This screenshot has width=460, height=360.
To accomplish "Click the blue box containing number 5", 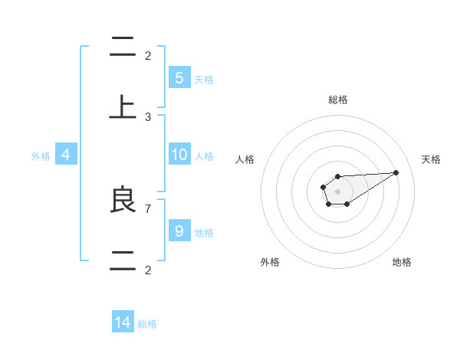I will point(179,78).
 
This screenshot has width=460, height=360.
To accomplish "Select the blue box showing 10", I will point(179,155).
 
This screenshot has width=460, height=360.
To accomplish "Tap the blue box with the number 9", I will point(179,231).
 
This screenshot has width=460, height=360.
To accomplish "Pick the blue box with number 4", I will point(66,155).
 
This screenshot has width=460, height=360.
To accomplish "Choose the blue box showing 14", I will point(123,322).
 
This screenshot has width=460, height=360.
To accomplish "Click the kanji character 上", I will point(123,106).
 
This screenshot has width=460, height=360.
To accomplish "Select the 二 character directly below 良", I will point(123,260).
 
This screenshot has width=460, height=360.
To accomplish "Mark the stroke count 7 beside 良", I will point(148,208).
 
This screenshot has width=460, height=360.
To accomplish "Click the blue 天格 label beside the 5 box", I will point(204,80).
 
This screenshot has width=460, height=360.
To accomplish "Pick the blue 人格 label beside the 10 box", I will point(204,156).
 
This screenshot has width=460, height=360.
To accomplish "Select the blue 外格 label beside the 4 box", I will point(41,156).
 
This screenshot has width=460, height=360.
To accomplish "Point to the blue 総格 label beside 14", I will point(147,324).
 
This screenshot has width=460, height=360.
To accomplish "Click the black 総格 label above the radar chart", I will point(338,100).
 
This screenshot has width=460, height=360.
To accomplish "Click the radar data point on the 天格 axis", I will point(396,172).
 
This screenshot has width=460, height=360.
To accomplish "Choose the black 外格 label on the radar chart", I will point(270,262).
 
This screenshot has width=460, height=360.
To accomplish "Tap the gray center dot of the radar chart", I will point(337,191).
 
